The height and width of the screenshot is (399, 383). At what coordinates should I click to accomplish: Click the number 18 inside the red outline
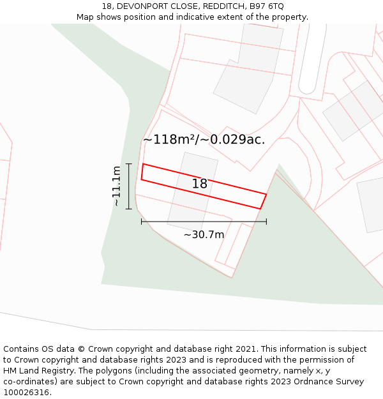click(200, 184)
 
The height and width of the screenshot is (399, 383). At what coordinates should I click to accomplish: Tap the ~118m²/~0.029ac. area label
click(204, 139)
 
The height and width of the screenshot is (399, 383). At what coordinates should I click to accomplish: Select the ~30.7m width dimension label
click(204, 234)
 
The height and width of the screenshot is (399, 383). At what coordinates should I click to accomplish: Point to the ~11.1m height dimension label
click(116, 186)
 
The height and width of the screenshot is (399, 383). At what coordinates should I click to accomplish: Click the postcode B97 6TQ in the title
click(267, 6)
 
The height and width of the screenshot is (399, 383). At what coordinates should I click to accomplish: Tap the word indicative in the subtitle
click(190, 17)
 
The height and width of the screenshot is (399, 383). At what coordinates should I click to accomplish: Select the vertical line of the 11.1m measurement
click(129, 186)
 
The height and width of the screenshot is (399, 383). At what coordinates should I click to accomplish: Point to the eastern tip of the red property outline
click(266, 194)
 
